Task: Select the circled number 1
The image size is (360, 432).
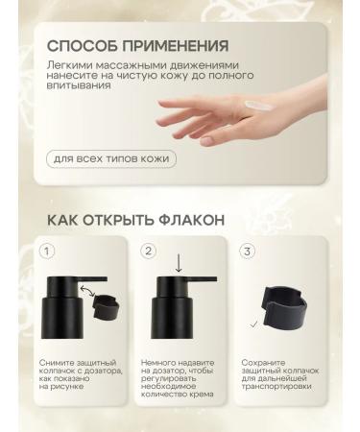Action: (46, 252)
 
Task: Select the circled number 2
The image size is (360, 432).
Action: (148, 252)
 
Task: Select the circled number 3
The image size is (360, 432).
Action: (248, 252)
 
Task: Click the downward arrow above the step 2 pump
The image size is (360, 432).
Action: (179, 262)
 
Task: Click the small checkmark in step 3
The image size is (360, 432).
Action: (252, 325)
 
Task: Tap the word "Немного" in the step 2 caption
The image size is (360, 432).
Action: (160, 364)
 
